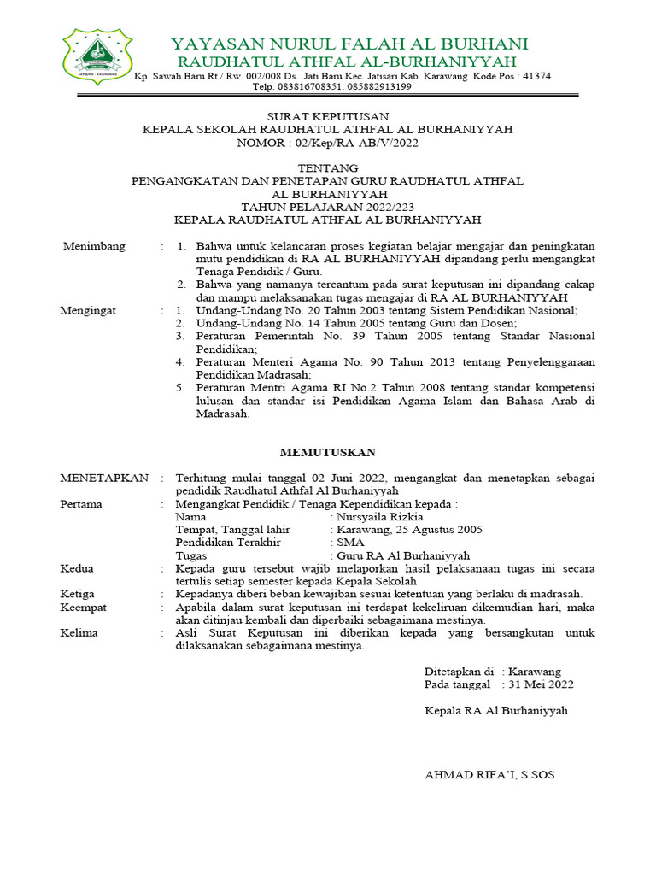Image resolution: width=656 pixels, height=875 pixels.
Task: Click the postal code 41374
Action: click(x=536, y=76)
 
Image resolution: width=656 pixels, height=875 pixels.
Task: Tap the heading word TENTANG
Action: click(x=327, y=167)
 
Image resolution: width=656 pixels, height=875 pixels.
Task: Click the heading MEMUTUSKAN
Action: click(x=327, y=451)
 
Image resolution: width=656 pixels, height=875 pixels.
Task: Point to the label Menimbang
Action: click(x=94, y=246)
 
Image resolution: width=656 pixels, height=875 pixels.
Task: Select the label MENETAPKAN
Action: click(x=103, y=477)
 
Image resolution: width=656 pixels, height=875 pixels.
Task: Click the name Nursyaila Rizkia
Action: click(x=380, y=517)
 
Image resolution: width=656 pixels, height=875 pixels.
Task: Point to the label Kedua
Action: click(x=77, y=568)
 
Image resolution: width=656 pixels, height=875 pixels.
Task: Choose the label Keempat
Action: click(x=83, y=607)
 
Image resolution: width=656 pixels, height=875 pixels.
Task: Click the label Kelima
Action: click(x=79, y=632)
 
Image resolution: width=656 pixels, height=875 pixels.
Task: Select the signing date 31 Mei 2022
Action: click(x=542, y=684)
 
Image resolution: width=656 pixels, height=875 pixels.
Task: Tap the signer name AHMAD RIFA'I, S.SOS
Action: click(x=489, y=775)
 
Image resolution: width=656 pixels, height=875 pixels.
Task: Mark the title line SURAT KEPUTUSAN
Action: click(x=327, y=116)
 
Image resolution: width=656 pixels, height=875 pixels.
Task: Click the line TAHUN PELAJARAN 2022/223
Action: click(x=327, y=206)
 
